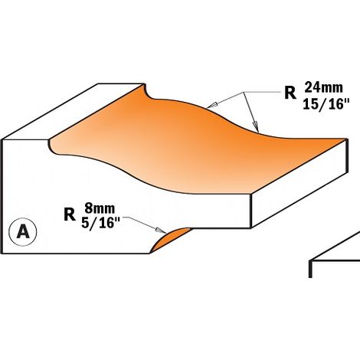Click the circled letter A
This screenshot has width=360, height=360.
tap(23, 232)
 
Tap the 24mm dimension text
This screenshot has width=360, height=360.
tap(323, 88)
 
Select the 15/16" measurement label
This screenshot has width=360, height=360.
tap(326, 104)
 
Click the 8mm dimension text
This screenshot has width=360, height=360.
tap(100, 208)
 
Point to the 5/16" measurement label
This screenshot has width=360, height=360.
tap(100, 223)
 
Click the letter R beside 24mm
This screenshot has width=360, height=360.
tap(290, 93)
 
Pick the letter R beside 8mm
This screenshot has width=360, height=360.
tap(70, 214)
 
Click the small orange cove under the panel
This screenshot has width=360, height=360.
tap(170, 240)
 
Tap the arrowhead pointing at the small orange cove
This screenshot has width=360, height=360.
tap(162, 230)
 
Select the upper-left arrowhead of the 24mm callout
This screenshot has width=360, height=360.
tap(212, 105)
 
